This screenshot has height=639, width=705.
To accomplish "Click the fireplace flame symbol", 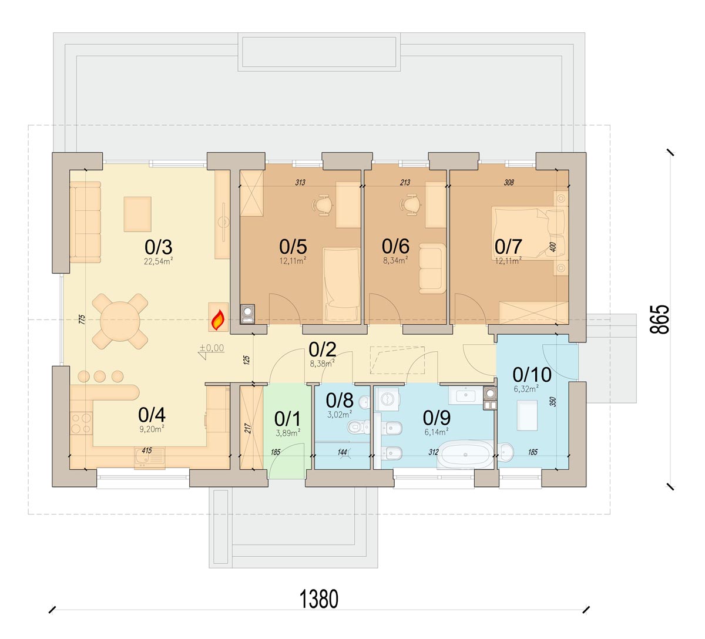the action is (x=218, y=320).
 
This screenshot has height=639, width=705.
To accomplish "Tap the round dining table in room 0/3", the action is (x=120, y=321).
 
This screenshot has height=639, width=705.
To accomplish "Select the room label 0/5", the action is (x=293, y=247).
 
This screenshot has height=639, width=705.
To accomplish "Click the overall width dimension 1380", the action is (x=319, y=599).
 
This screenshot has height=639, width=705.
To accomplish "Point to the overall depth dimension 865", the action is (x=659, y=319).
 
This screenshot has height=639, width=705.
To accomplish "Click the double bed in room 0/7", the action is (x=529, y=234).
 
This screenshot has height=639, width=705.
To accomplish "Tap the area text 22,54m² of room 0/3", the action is (x=158, y=261).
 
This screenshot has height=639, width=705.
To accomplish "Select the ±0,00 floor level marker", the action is (x=211, y=348).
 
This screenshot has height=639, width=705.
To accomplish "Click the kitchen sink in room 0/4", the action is (x=149, y=458).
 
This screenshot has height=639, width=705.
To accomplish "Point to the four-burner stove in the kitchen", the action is (x=81, y=423).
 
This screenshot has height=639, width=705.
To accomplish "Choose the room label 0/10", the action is (x=532, y=375).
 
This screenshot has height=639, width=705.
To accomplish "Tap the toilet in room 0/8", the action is (x=358, y=428).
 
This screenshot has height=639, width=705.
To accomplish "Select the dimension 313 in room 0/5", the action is (x=300, y=183).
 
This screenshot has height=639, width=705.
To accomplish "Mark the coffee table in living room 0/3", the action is (x=137, y=214).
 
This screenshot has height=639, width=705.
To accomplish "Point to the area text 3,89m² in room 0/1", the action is (x=288, y=433).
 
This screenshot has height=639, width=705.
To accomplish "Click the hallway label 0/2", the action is (x=323, y=349).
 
